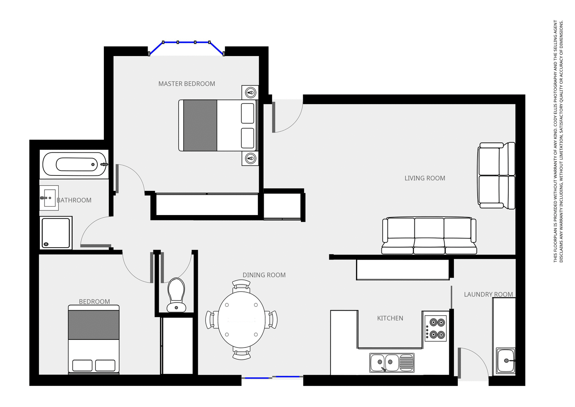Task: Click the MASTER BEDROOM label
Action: coord(187,84)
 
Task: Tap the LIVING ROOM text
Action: coord(425,178)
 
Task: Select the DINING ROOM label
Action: coord(264,275)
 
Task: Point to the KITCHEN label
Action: coord(390,318)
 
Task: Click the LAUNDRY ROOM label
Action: coord(488,294)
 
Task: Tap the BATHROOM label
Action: coord(74,200)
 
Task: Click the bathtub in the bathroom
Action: coord(75,164)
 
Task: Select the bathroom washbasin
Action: coord(49,198)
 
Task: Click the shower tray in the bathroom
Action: coord(56,233)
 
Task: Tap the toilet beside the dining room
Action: coord(176,295)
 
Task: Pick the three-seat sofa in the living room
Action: coord(429,235)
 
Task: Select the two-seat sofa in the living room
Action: coord(496,175)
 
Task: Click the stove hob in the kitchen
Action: coord(436,328)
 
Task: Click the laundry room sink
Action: coord(506,361)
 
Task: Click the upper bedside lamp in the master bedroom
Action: coord(250,93)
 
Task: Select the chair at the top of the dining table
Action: coord(242,285)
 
